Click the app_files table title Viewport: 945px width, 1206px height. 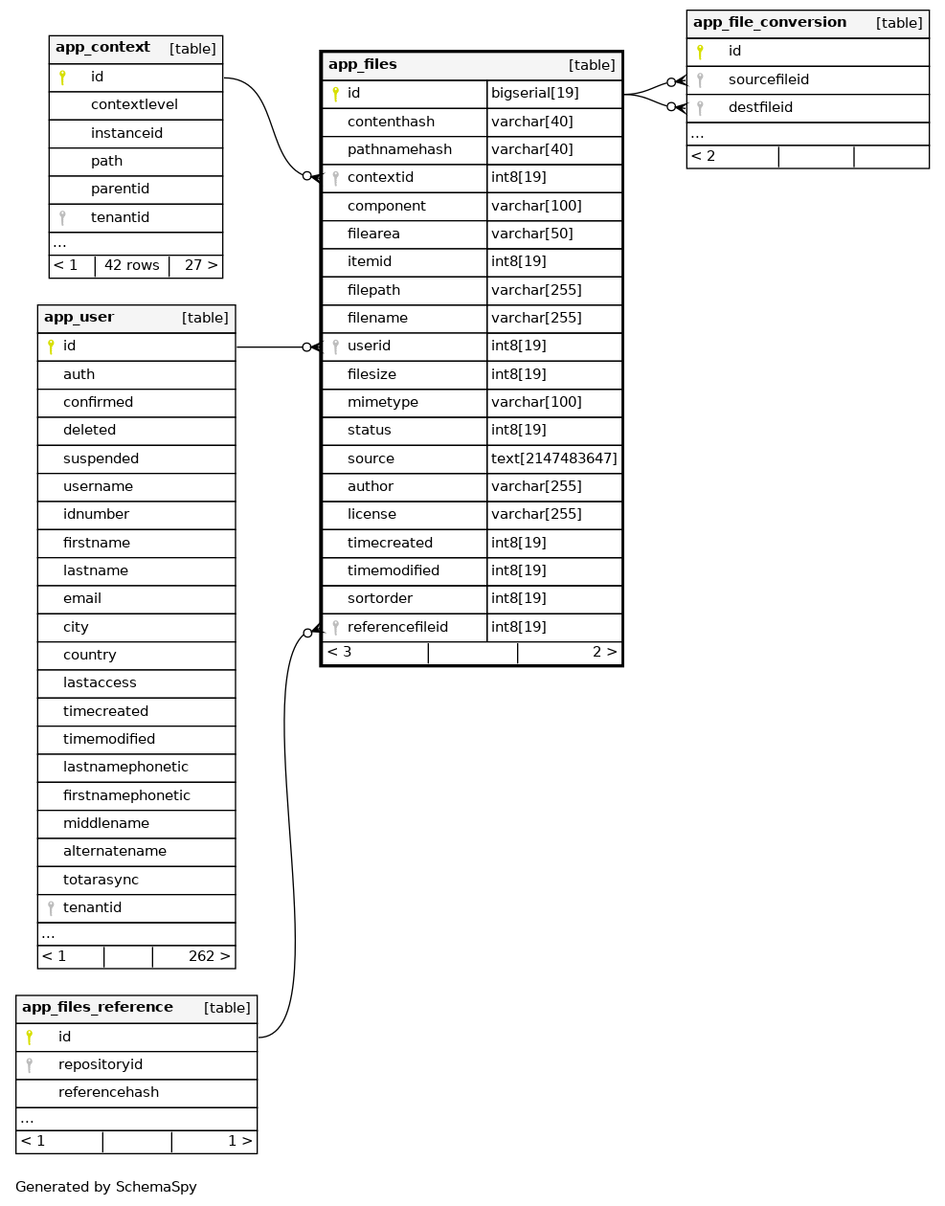[x=363, y=65]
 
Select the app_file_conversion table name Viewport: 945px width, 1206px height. [x=770, y=23]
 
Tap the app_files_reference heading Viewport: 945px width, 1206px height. [x=98, y=1008]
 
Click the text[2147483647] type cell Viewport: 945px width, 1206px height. [x=553, y=458]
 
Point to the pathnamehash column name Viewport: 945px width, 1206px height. [x=399, y=149]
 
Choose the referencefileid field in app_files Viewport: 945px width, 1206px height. [x=397, y=627]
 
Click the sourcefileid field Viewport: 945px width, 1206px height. [x=768, y=79]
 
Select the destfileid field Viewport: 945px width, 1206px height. [x=760, y=107]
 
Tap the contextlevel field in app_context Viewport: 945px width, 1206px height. [x=134, y=104]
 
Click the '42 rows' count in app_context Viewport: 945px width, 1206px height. [x=132, y=265]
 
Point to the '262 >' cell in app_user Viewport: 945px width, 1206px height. [x=209, y=956]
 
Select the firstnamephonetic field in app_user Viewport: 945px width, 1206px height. [x=126, y=795]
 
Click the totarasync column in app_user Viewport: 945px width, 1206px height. [x=101, y=880]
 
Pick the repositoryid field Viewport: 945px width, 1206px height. [x=101, y=1064]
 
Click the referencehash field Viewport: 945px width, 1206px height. [x=108, y=1092]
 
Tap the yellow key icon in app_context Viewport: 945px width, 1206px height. [x=62, y=78]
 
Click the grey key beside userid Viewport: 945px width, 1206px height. [x=335, y=346]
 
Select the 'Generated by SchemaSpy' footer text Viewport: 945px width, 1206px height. [x=106, y=1187]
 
